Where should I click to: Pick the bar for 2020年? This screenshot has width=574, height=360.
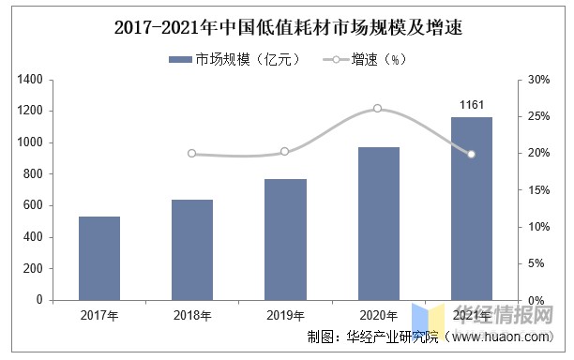point(378,223)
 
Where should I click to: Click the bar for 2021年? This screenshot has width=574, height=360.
point(471,208)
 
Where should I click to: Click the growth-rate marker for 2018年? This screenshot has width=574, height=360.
point(192,154)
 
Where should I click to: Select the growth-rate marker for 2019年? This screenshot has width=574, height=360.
point(285,151)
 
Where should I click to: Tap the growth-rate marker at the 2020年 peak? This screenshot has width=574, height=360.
point(378,109)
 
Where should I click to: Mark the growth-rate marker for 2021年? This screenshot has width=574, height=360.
point(471,154)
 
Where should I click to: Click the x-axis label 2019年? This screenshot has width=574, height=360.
point(285,316)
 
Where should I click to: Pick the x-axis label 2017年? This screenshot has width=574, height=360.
point(99,316)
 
